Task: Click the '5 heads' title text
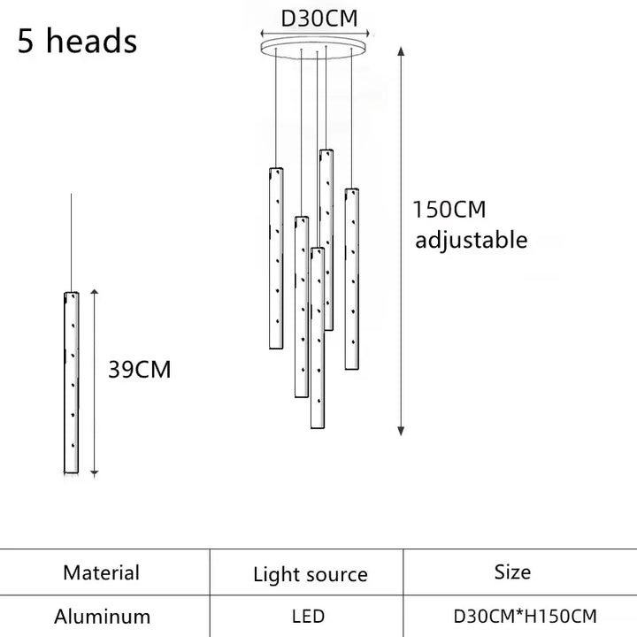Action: click(77, 41)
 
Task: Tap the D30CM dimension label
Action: click(319, 19)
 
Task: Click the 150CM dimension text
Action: click(449, 210)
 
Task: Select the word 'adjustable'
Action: click(472, 240)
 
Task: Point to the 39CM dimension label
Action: click(140, 369)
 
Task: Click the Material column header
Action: click(101, 572)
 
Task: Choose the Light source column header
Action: click(311, 575)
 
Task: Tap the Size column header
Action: click(512, 572)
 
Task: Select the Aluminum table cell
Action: click(102, 617)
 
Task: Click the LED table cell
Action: click(309, 617)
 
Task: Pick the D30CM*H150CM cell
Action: click(525, 617)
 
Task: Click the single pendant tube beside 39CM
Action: click(72, 382)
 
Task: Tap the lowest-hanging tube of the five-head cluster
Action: click(318, 338)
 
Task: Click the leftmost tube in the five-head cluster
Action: click(276, 258)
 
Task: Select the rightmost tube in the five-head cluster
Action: click(352, 279)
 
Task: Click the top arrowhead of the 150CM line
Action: click(401, 51)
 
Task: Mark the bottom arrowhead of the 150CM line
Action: click(401, 432)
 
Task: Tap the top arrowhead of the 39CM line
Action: click(95, 292)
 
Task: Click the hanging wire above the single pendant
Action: click(71, 242)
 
